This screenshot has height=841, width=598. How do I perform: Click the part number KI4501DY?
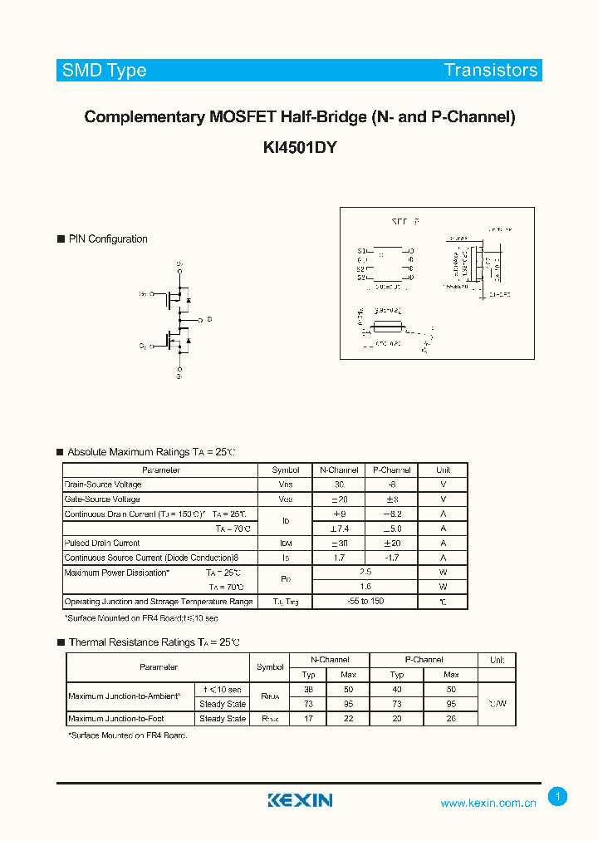point(300,147)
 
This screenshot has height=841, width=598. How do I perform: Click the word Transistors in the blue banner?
point(491,70)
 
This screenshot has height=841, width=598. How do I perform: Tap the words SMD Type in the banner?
point(105,70)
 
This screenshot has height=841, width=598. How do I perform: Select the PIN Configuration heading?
point(108,239)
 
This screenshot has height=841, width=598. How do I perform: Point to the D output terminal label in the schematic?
point(209,319)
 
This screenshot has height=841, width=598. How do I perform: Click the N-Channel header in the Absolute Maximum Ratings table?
point(338,470)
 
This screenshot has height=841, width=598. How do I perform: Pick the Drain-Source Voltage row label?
point(103,484)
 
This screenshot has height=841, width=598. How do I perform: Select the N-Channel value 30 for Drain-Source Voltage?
point(339,484)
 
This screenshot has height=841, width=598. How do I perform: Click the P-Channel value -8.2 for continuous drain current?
point(391,514)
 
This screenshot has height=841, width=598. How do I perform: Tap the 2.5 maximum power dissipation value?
point(365,573)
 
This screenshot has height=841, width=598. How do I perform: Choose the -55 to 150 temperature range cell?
point(365,602)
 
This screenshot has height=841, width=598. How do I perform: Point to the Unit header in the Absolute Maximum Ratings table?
point(443,470)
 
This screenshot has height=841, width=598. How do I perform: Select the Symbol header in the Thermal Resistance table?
point(270,667)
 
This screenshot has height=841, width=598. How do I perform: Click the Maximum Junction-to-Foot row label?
point(116,719)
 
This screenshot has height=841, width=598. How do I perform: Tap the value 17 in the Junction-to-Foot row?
point(309,719)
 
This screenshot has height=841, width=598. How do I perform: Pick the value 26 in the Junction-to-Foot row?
point(451,719)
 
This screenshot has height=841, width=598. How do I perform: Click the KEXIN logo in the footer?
point(300,800)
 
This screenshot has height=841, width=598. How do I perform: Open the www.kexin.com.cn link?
point(488,803)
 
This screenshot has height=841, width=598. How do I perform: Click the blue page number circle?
point(558,797)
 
